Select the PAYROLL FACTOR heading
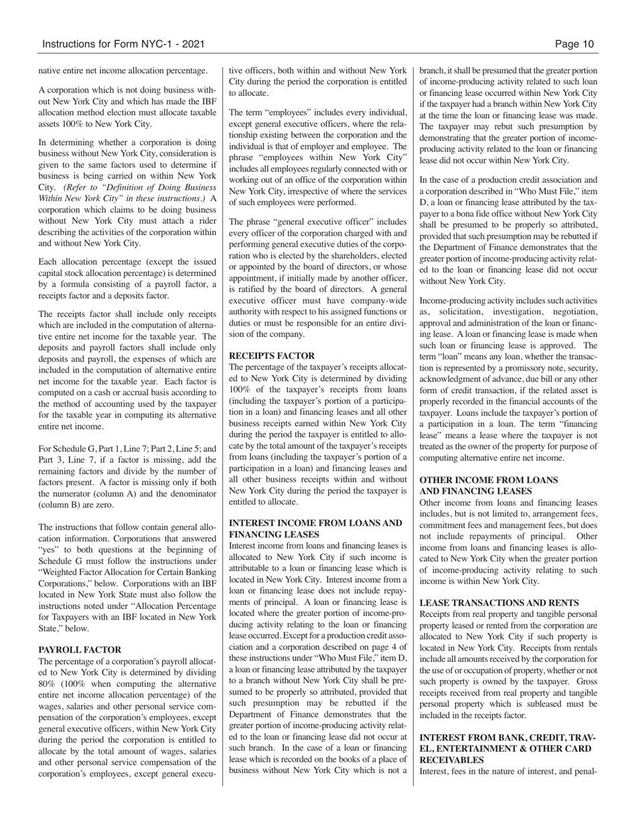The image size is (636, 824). [80, 650]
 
